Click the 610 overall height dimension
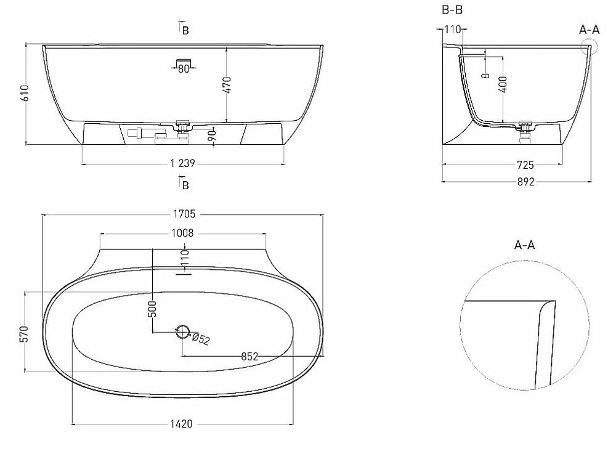pos(25,93)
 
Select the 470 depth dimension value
pos(227,85)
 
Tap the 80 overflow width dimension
pos(184,69)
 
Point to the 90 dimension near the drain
pos(212,136)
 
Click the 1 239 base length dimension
pos(183,163)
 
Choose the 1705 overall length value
pos(184,214)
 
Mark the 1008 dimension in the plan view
pos(183,233)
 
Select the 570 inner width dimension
pos(24,334)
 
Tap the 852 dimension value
pos(249,356)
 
